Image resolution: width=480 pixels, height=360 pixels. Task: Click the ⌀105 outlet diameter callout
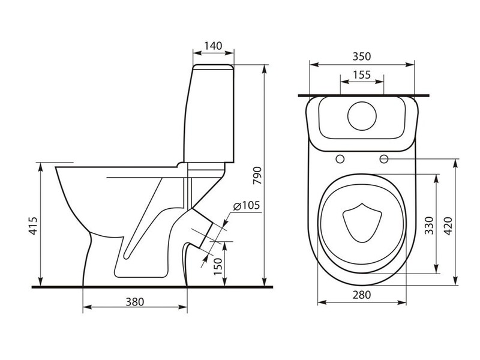[x=246, y=206]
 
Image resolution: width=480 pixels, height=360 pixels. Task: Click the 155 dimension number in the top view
[x=361, y=74]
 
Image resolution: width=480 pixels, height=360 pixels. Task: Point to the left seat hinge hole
[x=340, y=159]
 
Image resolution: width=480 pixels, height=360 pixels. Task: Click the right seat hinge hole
[x=383, y=159]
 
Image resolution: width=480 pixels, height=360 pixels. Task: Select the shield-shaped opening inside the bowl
[x=360, y=224]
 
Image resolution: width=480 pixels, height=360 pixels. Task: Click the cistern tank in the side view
[x=210, y=114]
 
